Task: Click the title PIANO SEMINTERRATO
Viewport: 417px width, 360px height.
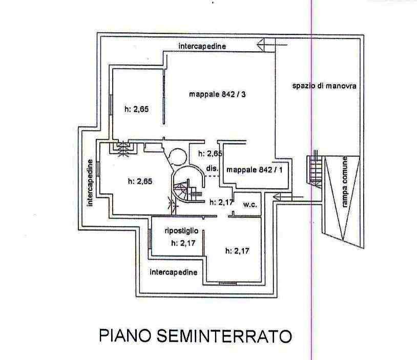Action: tap(195, 336)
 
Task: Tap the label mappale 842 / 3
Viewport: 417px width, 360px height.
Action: tap(221, 94)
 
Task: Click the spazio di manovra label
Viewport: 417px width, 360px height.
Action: tap(324, 86)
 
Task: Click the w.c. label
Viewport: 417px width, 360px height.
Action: tap(249, 204)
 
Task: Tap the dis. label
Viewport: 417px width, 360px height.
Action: tap(212, 168)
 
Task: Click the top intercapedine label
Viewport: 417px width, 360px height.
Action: tap(202, 46)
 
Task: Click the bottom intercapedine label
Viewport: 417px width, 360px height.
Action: tap(173, 272)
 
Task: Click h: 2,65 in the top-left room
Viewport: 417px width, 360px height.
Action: tap(136, 109)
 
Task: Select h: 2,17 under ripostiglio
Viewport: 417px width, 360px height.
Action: tap(182, 243)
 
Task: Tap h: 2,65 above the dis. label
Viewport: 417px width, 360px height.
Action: tap(210, 153)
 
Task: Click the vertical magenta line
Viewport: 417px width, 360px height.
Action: tap(311, 256)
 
